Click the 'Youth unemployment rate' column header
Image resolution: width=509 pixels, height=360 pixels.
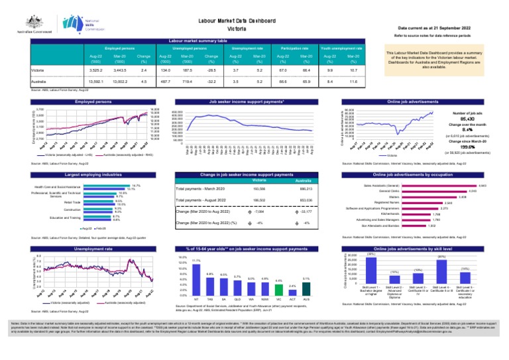(341, 48)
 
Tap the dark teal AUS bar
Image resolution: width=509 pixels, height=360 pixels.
(306, 288)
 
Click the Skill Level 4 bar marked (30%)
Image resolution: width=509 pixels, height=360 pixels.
(441, 271)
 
